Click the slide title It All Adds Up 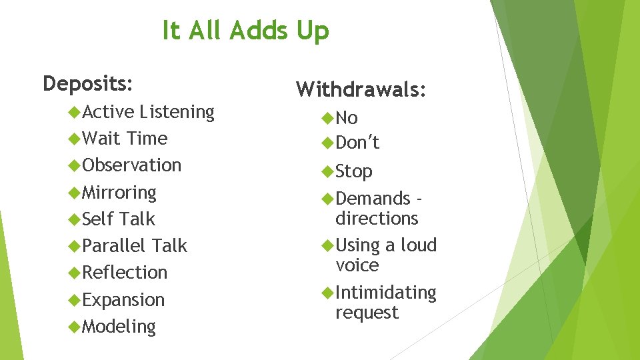pyautogui.click(x=245, y=31)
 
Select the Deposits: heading pyautogui.click(x=87, y=84)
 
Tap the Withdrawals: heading pyautogui.click(x=361, y=89)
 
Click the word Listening pyautogui.click(x=177, y=112)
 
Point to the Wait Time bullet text pyautogui.click(x=125, y=139)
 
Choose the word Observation pyautogui.click(x=132, y=165)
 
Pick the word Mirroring pyautogui.click(x=119, y=193)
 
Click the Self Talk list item pyautogui.click(x=119, y=219)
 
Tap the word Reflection pyautogui.click(x=125, y=273)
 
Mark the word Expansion pyautogui.click(x=123, y=300)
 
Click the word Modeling pyautogui.click(x=119, y=327)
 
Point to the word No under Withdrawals pyautogui.click(x=347, y=119)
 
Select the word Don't pyautogui.click(x=357, y=143)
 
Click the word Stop pyautogui.click(x=354, y=172)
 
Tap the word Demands pyautogui.click(x=373, y=199)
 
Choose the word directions pyautogui.click(x=377, y=219)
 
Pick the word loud pyautogui.click(x=418, y=245)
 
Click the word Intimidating pyautogui.click(x=386, y=293)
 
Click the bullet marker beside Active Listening pyautogui.click(x=74, y=112)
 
